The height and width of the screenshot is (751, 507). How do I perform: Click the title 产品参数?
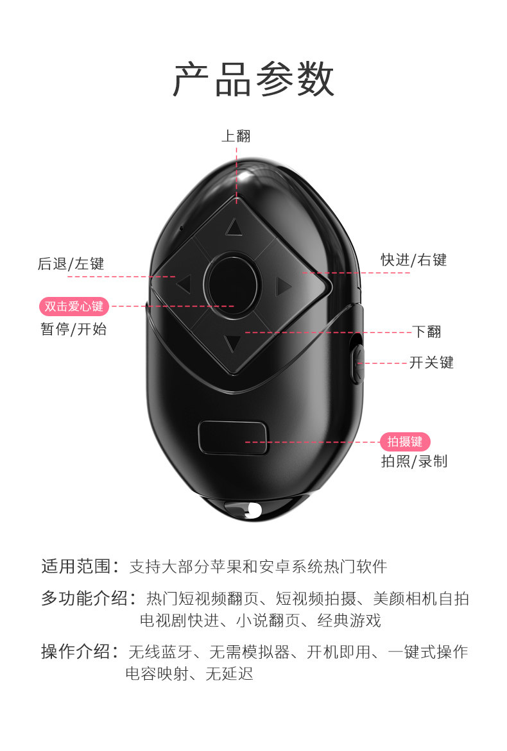tap(253, 80)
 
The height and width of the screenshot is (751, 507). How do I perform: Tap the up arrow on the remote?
tap(234, 227)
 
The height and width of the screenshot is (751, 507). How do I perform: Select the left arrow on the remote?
tap(185, 283)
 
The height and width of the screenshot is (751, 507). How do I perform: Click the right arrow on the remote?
tap(283, 286)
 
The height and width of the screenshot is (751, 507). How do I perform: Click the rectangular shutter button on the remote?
tap(233, 437)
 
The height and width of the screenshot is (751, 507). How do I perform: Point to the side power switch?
tap(358, 363)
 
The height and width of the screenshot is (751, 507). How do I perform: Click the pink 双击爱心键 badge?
tap(74, 307)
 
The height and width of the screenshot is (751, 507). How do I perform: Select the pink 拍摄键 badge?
tap(405, 441)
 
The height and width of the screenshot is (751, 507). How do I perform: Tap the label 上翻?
tap(236, 135)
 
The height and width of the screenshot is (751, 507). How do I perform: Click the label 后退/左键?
tap(71, 264)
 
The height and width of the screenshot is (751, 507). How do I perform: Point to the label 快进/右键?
tap(413, 260)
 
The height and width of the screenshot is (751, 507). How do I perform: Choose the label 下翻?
tap(427, 332)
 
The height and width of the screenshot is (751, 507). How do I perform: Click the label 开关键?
tap(431, 362)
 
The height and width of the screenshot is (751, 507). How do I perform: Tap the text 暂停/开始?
tap(73, 330)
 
